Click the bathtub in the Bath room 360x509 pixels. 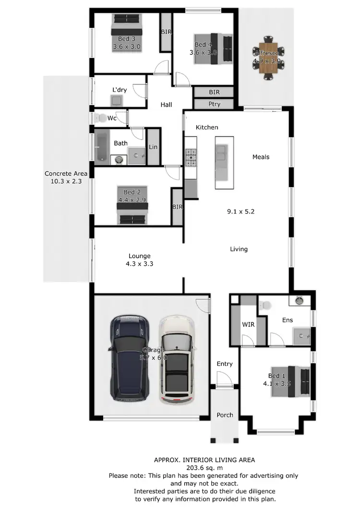coord(102,147)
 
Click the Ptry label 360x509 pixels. coord(214,104)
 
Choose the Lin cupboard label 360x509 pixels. coord(153,147)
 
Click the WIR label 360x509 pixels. coord(248,324)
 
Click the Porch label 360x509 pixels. coord(224,415)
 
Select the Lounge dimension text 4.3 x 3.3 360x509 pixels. coord(139,263)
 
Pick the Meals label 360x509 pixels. coord(261,157)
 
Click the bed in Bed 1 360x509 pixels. coord(293,382)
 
